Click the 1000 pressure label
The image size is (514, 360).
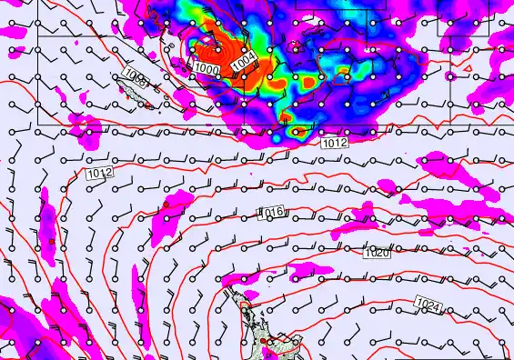click(207, 69)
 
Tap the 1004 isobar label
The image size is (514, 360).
click(243, 61)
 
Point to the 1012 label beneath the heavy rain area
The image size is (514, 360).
click(334, 143)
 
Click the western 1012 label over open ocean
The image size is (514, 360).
click(99, 173)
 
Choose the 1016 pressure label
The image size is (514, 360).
click(272, 213)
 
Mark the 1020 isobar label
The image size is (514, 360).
click(377, 254)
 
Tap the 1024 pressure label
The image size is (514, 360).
click(428, 305)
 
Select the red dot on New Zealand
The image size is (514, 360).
click(265, 341)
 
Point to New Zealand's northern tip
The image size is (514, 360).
click(232, 291)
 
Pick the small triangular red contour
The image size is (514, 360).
click(286, 116)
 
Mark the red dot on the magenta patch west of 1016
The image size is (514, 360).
click(166, 205)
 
